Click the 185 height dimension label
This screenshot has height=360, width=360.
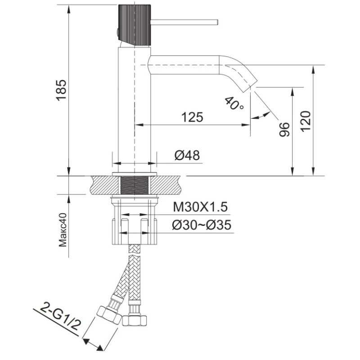(61, 90)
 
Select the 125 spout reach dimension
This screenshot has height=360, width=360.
(193, 117)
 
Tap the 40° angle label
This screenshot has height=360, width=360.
(234, 103)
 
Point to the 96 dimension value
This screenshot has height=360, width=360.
(284, 129)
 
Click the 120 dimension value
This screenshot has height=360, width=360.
(306, 121)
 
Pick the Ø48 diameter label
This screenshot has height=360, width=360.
(187, 155)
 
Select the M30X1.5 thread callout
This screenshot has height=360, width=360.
(200, 207)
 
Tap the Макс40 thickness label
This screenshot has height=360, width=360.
(63, 230)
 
